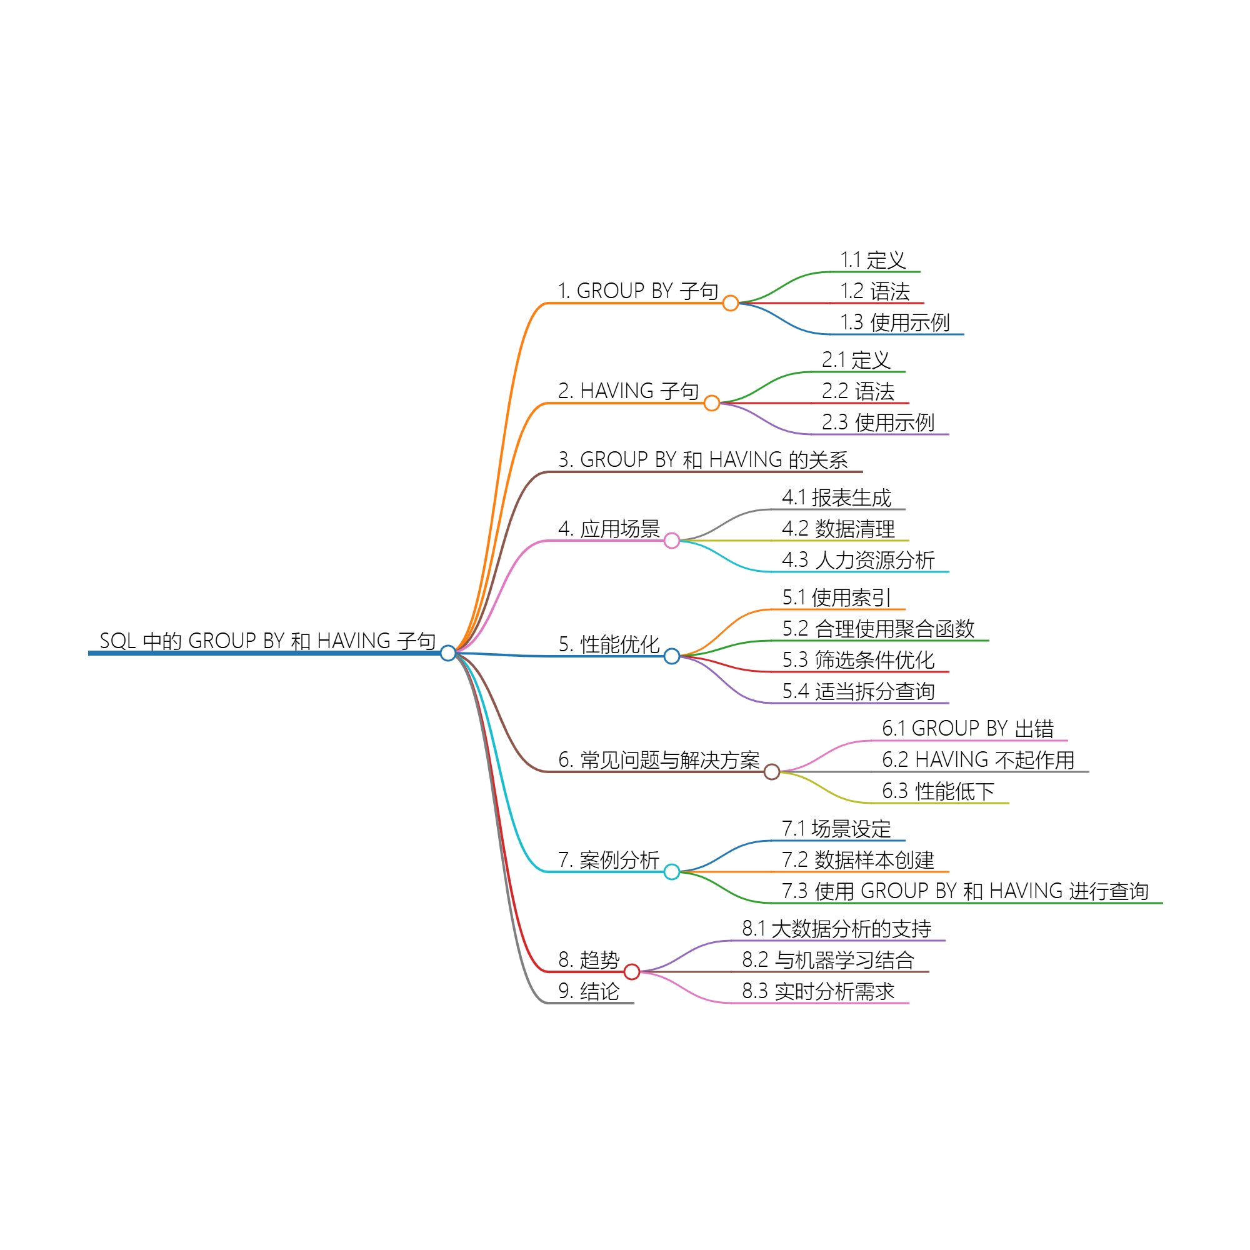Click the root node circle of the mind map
point(447,653)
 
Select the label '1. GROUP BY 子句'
point(638,291)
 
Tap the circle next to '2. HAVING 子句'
point(712,403)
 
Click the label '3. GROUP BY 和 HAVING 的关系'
point(702,459)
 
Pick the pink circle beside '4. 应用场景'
point(672,540)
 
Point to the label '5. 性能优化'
point(609,644)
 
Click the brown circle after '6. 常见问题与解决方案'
point(771,771)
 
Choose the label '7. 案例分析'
point(608,860)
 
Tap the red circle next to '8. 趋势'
point(632,972)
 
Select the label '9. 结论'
point(589,991)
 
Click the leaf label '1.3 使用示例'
point(894,322)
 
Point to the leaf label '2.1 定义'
point(856,360)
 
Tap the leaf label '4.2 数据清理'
point(838,529)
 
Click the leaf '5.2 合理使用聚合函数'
point(878,628)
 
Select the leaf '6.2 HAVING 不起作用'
point(977,759)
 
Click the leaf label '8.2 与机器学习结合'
point(827,960)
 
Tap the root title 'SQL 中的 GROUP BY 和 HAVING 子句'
point(267,641)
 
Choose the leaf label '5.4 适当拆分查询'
point(858,691)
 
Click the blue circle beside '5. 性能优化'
point(672,656)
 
